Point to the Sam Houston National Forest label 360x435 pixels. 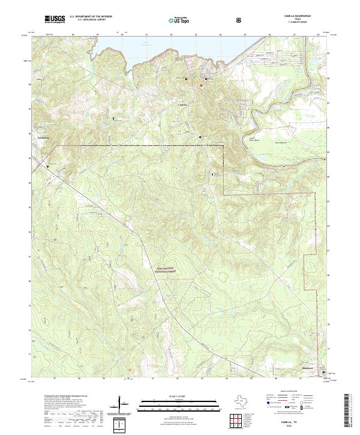168,270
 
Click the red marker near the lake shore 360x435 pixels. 201,85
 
